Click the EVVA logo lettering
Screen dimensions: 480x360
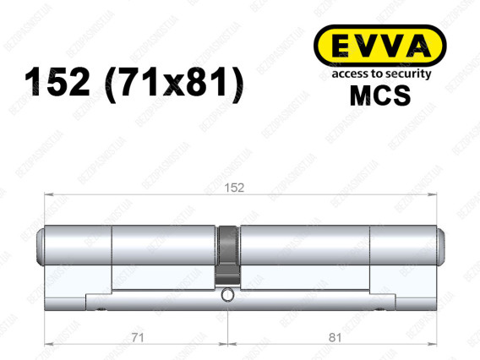tap(380, 46)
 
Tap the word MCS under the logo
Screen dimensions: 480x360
tap(380, 95)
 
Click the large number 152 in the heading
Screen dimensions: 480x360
tap(57, 82)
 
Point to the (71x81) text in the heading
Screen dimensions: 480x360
tap(174, 84)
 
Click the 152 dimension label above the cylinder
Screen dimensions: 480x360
tap(234, 188)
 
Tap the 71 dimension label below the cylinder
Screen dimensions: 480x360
tap(138, 338)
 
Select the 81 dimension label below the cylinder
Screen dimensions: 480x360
tap(335, 338)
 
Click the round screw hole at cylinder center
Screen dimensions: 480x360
tap(227, 295)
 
